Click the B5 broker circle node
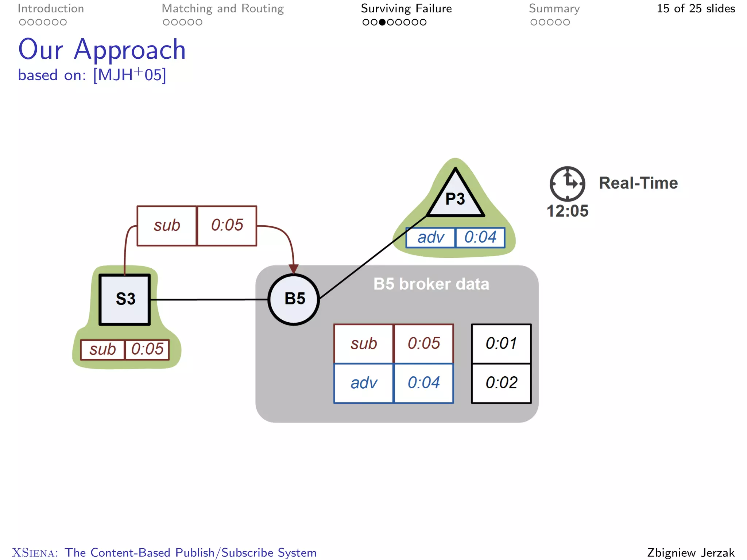294,299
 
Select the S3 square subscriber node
125,299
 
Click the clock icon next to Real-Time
567,183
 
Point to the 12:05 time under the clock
567,211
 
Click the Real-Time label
638,183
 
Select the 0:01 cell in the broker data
501,343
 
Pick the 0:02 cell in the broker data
501,383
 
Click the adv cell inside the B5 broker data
364,383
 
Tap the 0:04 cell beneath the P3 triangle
480,237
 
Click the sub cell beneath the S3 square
102,350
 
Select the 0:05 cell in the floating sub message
227,225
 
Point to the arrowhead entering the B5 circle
294,269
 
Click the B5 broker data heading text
431,284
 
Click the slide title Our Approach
102,50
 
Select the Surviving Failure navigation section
406,9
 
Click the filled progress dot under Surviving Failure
382,22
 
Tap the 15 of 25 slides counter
695,9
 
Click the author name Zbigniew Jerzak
690,552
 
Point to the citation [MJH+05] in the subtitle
129,75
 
